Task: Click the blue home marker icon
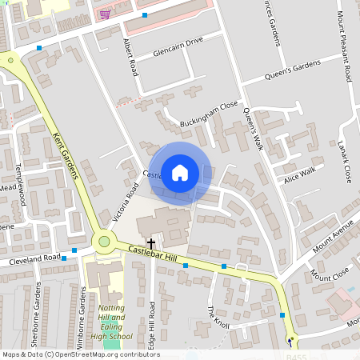coord(180,172)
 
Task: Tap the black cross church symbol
coord(150,242)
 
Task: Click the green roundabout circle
coord(103,241)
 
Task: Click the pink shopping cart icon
coord(106,14)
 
